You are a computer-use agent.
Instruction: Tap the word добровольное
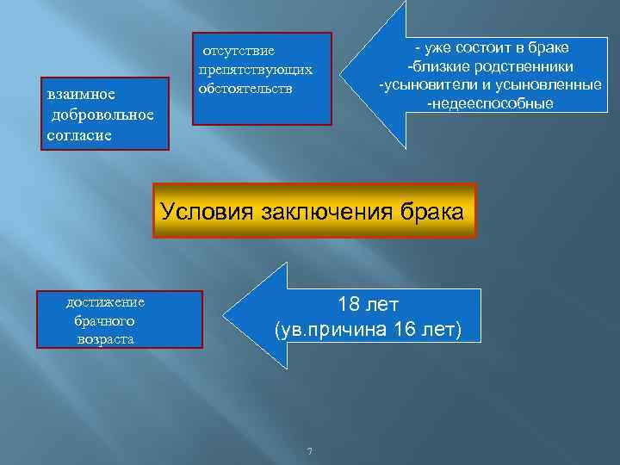click(102, 116)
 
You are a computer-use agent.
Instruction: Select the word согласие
click(78, 137)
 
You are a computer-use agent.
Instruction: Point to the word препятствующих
click(255, 69)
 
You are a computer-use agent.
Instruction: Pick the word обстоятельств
click(245, 88)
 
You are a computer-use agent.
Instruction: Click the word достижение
click(106, 302)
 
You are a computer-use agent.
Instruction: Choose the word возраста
click(104, 339)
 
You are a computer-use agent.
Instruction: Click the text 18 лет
click(368, 304)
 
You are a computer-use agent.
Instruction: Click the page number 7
click(309, 453)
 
